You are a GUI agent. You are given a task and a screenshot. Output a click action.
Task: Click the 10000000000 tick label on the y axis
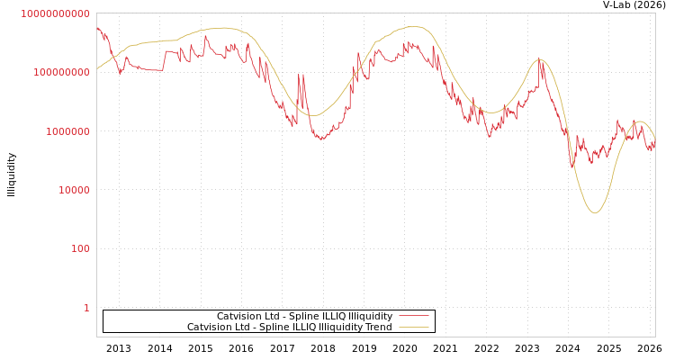pyautogui.click(x=56, y=13)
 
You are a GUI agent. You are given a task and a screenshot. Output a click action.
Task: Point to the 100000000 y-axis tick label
pyautogui.click(x=61, y=72)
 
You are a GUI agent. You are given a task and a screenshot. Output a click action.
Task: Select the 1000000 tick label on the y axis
pyautogui.click(x=67, y=131)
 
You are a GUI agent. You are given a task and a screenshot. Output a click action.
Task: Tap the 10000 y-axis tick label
pyautogui.click(x=73, y=190)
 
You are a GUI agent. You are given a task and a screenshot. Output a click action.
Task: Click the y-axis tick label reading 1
pyautogui.click(x=86, y=308)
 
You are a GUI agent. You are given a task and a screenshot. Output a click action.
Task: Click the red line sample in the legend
pyautogui.click(x=413, y=317)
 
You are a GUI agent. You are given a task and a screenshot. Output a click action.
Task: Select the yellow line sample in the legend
pyautogui.click(x=413, y=328)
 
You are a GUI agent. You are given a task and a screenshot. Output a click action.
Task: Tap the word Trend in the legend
pyautogui.click(x=377, y=328)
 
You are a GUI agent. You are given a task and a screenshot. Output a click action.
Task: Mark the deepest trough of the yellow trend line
pyautogui.click(x=595, y=213)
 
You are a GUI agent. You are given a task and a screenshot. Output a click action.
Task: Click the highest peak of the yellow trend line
pyautogui.click(x=414, y=27)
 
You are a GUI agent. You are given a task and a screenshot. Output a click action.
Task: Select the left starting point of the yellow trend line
pyautogui.click(x=97, y=68)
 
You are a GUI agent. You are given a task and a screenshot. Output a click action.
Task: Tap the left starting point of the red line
pyautogui.click(x=97, y=28)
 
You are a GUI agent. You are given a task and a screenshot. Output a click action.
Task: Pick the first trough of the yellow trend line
pyautogui.click(x=313, y=115)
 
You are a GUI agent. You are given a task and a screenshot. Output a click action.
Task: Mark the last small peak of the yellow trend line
pyautogui.click(x=640, y=121)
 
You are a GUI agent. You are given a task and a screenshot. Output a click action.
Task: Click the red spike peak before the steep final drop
pyautogui.click(x=540, y=58)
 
